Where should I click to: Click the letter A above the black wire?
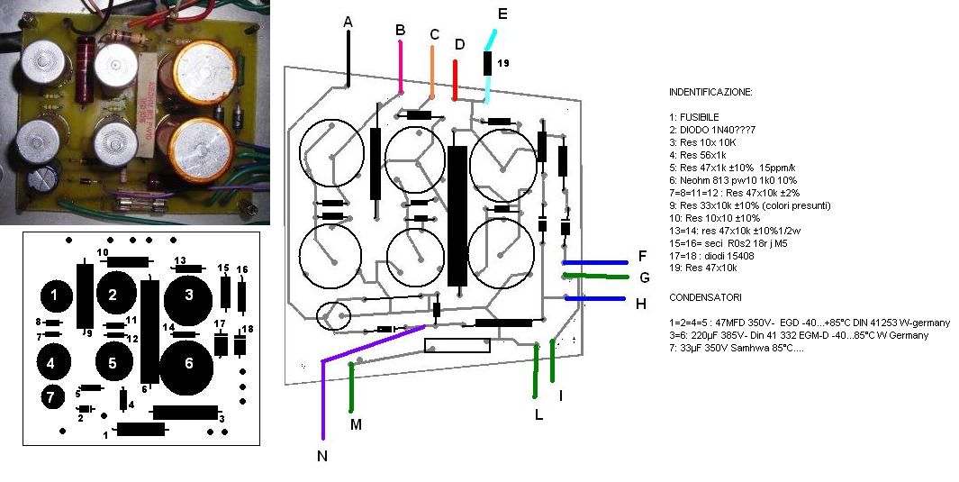(x=348, y=22)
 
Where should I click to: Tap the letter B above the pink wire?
(x=401, y=30)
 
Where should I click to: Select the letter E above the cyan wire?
(x=502, y=14)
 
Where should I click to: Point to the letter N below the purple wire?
(x=321, y=457)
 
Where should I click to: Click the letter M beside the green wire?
(x=356, y=424)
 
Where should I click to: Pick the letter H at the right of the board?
(x=641, y=305)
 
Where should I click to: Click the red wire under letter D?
(x=456, y=79)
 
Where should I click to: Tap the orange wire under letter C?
(x=432, y=73)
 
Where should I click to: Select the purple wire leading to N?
(x=369, y=344)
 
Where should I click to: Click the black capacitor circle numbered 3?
(x=188, y=294)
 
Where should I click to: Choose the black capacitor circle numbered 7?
(x=52, y=396)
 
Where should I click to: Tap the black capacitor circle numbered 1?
(x=56, y=295)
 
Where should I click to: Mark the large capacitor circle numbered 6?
(x=188, y=364)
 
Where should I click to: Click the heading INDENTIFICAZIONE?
(x=710, y=93)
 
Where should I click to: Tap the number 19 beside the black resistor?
(x=503, y=64)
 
